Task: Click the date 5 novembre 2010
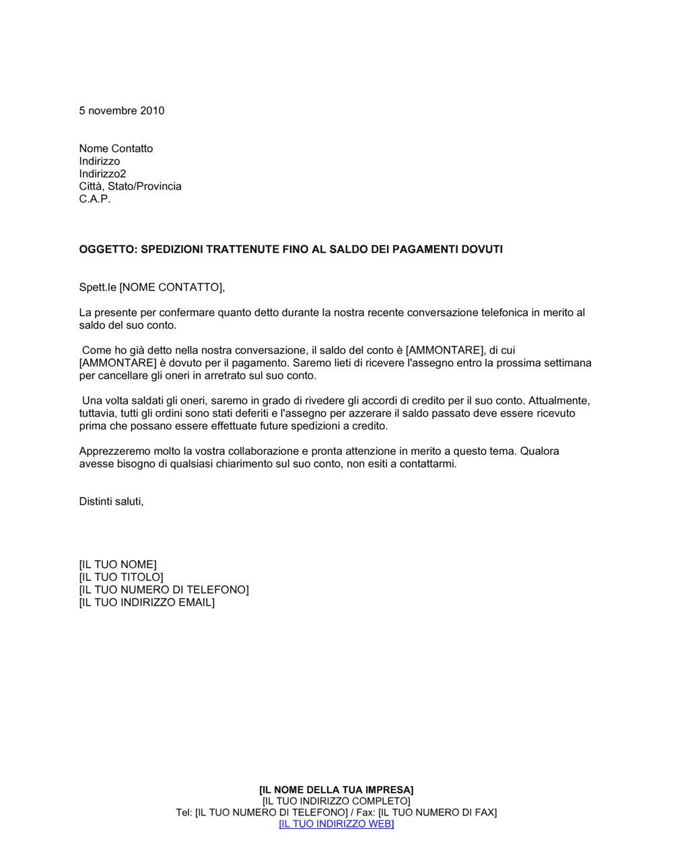[121, 111]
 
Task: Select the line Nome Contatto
[116, 149]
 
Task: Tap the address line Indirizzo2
[102, 174]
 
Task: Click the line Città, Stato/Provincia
[130, 186]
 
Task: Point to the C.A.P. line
[95, 199]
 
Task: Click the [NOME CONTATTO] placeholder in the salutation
[171, 288]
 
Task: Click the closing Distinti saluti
[111, 502]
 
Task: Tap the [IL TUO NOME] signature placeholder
[118, 565]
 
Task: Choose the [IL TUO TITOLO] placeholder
[121, 577]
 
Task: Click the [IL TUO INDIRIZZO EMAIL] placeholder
[147, 603]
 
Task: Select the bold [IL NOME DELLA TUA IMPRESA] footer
[336, 790]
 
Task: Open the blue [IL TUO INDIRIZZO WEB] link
[336, 824]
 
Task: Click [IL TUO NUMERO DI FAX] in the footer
[437, 813]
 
